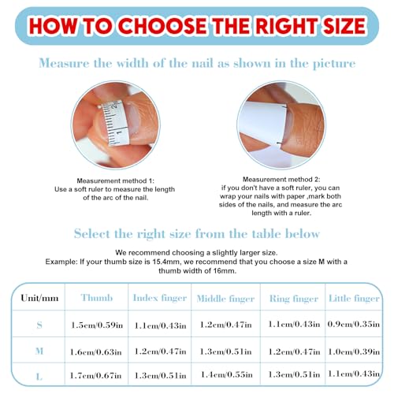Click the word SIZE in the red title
tap(344, 26)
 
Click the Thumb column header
tap(97, 298)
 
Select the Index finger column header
tap(160, 298)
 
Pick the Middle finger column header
tap(225, 299)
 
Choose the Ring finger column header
tap(294, 299)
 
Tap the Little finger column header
tap(354, 299)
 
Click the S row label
tap(39, 325)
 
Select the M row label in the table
tap(39, 351)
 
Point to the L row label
tap(39, 377)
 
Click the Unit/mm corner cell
tap(39, 298)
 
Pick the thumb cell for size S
tap(97, 325)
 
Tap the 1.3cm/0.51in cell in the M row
tap(225, 351)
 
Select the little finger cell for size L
tap(354, 374)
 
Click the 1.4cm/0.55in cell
tap(227, 374)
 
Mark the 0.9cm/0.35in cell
tap(354, 324)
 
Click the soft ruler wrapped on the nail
tap(116, 123)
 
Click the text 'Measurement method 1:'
tap(116, 180)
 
